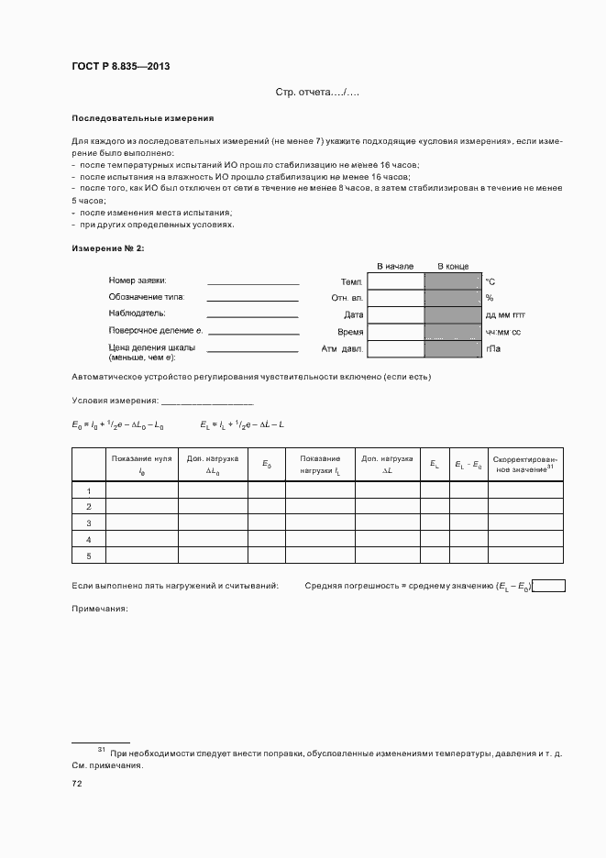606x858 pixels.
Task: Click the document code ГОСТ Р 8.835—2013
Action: click(x=120, y=66)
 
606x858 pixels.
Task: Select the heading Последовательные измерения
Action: click(x=142, y=118)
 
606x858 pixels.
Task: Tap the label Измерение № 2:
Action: click(x=107, y=248)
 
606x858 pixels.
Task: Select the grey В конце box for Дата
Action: click(x=452, y=314)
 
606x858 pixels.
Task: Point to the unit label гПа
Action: click(x=493, y=349)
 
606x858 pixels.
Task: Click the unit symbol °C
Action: click(x=490, y=281)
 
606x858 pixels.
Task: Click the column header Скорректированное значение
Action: click(x=525, y=464)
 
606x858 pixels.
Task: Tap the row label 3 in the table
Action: click(x=89, y=522)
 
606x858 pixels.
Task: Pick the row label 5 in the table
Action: click(x=89, y=555)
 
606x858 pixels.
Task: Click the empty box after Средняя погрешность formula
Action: click(x=549, y=586)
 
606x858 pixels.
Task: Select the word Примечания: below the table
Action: click(x=99, y=609)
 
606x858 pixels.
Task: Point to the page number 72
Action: click(x=77, y=784)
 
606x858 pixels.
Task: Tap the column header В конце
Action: click(x=452, y=266)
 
